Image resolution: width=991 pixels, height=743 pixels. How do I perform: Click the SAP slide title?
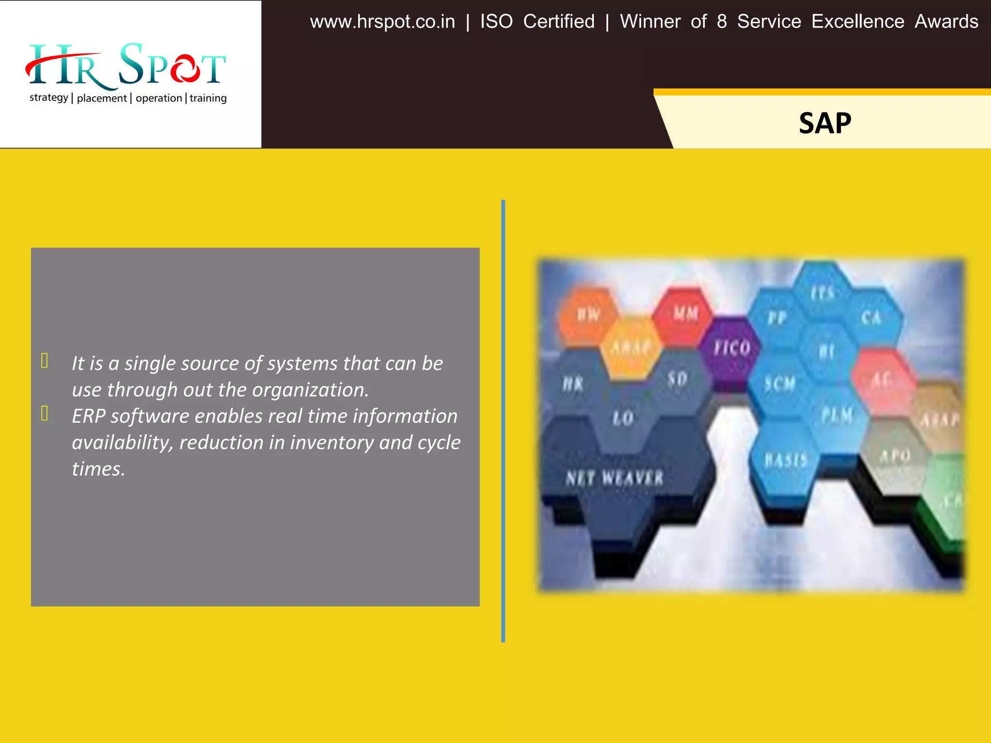[825, 123]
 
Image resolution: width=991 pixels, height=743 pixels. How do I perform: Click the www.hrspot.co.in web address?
[382, 22]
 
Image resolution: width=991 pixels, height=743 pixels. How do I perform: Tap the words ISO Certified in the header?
[537, 22]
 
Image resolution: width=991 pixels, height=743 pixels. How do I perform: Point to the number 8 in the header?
[721, 22]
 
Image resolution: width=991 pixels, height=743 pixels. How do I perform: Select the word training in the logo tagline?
[208, 98]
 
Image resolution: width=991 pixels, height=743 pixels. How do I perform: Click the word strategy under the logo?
[49, 98]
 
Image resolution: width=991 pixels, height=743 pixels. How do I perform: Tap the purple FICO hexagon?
[731, 347]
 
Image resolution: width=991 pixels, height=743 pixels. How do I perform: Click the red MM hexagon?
[685, 313]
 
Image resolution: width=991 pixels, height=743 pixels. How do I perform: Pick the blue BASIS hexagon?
[785, 460]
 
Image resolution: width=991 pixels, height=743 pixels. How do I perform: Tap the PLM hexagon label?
[837, 415]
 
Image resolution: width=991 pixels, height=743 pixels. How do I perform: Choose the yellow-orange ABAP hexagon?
[631, 347]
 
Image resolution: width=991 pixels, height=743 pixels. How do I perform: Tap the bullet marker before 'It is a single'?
[45, 361]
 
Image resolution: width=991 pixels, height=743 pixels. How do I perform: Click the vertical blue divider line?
[503, 421]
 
